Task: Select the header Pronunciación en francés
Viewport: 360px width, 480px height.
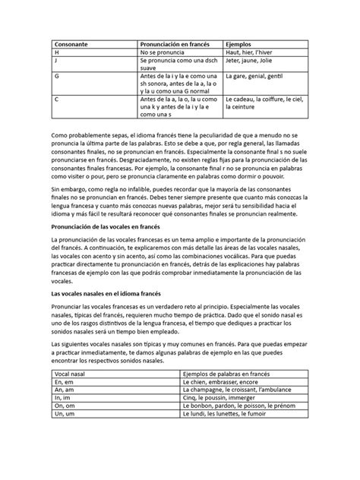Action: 174,44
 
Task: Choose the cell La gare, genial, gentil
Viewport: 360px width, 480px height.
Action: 258,77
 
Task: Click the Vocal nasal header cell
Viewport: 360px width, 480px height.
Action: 74,375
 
